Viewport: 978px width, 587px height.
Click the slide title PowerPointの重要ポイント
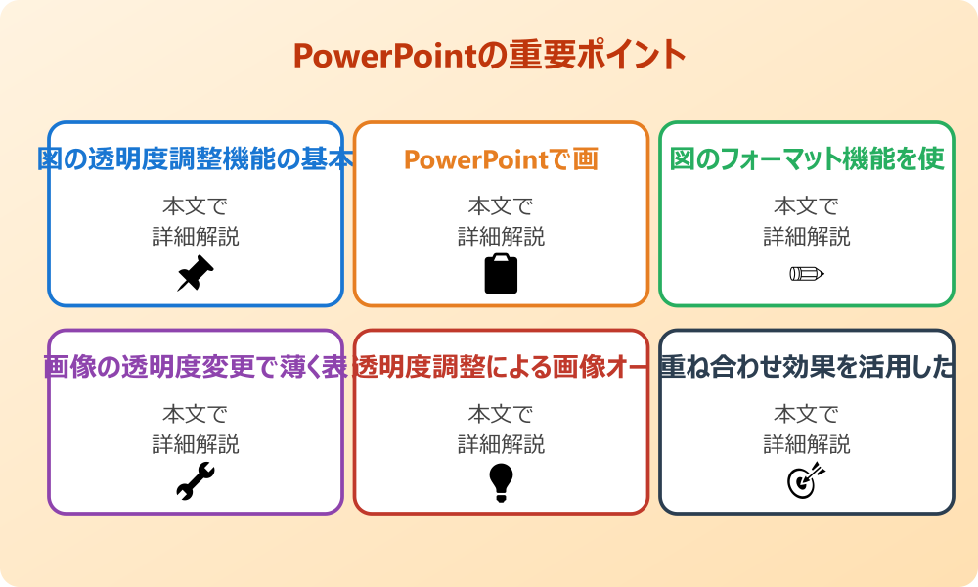tap(489, 55)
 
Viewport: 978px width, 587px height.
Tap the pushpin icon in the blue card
tap(195, 273)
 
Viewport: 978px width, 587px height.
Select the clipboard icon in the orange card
tap(501, 273)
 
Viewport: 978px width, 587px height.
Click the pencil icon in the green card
tap(806, 273)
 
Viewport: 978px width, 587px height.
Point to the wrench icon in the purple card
tap(195, 481)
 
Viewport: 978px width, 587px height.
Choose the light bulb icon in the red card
tap(501, 481)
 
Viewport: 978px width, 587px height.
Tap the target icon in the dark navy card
tap(806, 481)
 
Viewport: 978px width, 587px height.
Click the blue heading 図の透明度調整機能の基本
tap(195, 159)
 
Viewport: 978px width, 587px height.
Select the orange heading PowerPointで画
tap(501, 159)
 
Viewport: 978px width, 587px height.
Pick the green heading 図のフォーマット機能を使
tap(806, 159)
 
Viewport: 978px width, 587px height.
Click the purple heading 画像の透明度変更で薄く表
tap(195, 368)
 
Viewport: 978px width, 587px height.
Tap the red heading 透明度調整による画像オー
tap(501, 368)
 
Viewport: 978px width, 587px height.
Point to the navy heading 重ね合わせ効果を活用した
tap(806, 368)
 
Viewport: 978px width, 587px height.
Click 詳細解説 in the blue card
tap(195, 236)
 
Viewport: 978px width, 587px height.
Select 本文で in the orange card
tap(501, 206)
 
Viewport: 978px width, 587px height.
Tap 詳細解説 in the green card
tap(806, 236)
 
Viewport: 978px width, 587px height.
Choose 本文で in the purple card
tap(195, 415)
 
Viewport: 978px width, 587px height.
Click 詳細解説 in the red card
tap(501, 444)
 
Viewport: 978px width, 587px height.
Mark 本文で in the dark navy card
tap(806, 415)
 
